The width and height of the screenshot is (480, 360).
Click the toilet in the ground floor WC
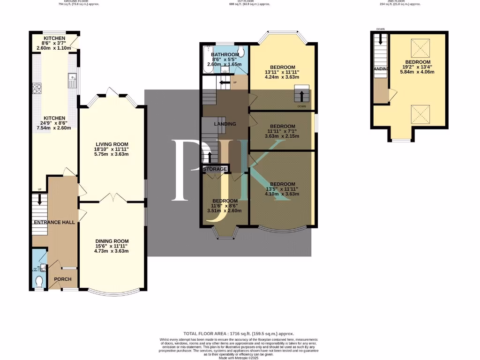tap(39, 281)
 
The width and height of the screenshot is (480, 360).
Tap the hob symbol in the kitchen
tap(37, 88)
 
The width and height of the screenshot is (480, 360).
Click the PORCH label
tap(63, 279)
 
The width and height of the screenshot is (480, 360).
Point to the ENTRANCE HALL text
tap(54, 222)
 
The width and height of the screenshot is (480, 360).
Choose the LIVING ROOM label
tap(112, 144)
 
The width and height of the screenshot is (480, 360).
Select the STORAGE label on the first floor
tap(215, 169)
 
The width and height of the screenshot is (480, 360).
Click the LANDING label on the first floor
tap(225, 124)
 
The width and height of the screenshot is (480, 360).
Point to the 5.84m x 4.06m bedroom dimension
tap(418, 72)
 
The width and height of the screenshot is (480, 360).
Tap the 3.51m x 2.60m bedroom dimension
tap(225, 210)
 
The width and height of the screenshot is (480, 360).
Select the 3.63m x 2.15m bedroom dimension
tap(282, 136)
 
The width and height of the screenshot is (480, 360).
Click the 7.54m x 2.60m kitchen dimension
tap(54, 127)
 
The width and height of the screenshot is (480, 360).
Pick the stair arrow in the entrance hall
tap(39, 199)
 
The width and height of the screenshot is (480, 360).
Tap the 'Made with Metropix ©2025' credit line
tap(240, 358)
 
